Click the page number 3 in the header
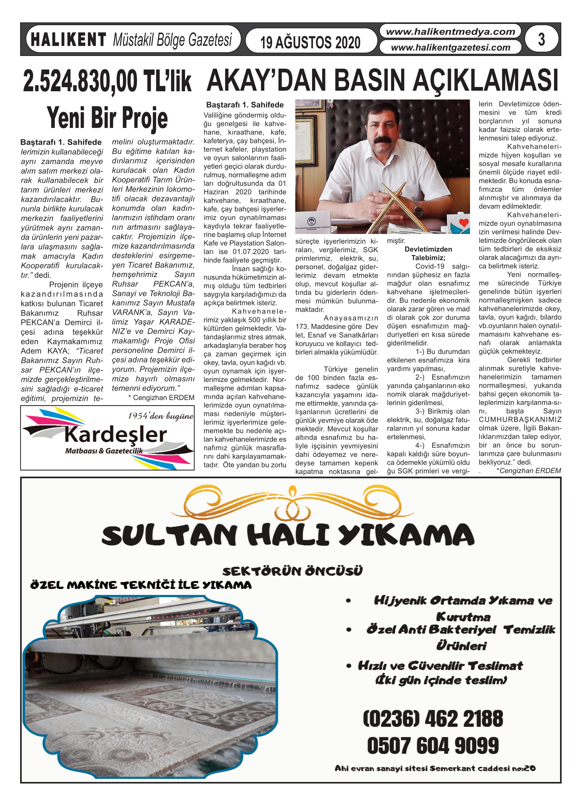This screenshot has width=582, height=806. coord(541,40)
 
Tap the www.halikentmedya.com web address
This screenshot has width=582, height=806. coord(450,32)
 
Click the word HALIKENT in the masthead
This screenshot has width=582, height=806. coord(68,40)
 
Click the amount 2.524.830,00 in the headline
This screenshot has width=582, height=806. coord(81,81)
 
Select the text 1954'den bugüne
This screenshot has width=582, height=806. coord(161,416)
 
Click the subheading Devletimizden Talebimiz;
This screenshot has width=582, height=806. coord(428,253)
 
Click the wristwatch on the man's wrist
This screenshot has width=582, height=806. coord(418,211)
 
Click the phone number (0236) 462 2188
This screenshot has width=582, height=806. coord(433,719)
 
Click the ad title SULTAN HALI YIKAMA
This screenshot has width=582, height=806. coord(288,535)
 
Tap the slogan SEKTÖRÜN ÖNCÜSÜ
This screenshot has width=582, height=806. coord(292,571)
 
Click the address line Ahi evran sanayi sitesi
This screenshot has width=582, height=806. coord(435,768)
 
